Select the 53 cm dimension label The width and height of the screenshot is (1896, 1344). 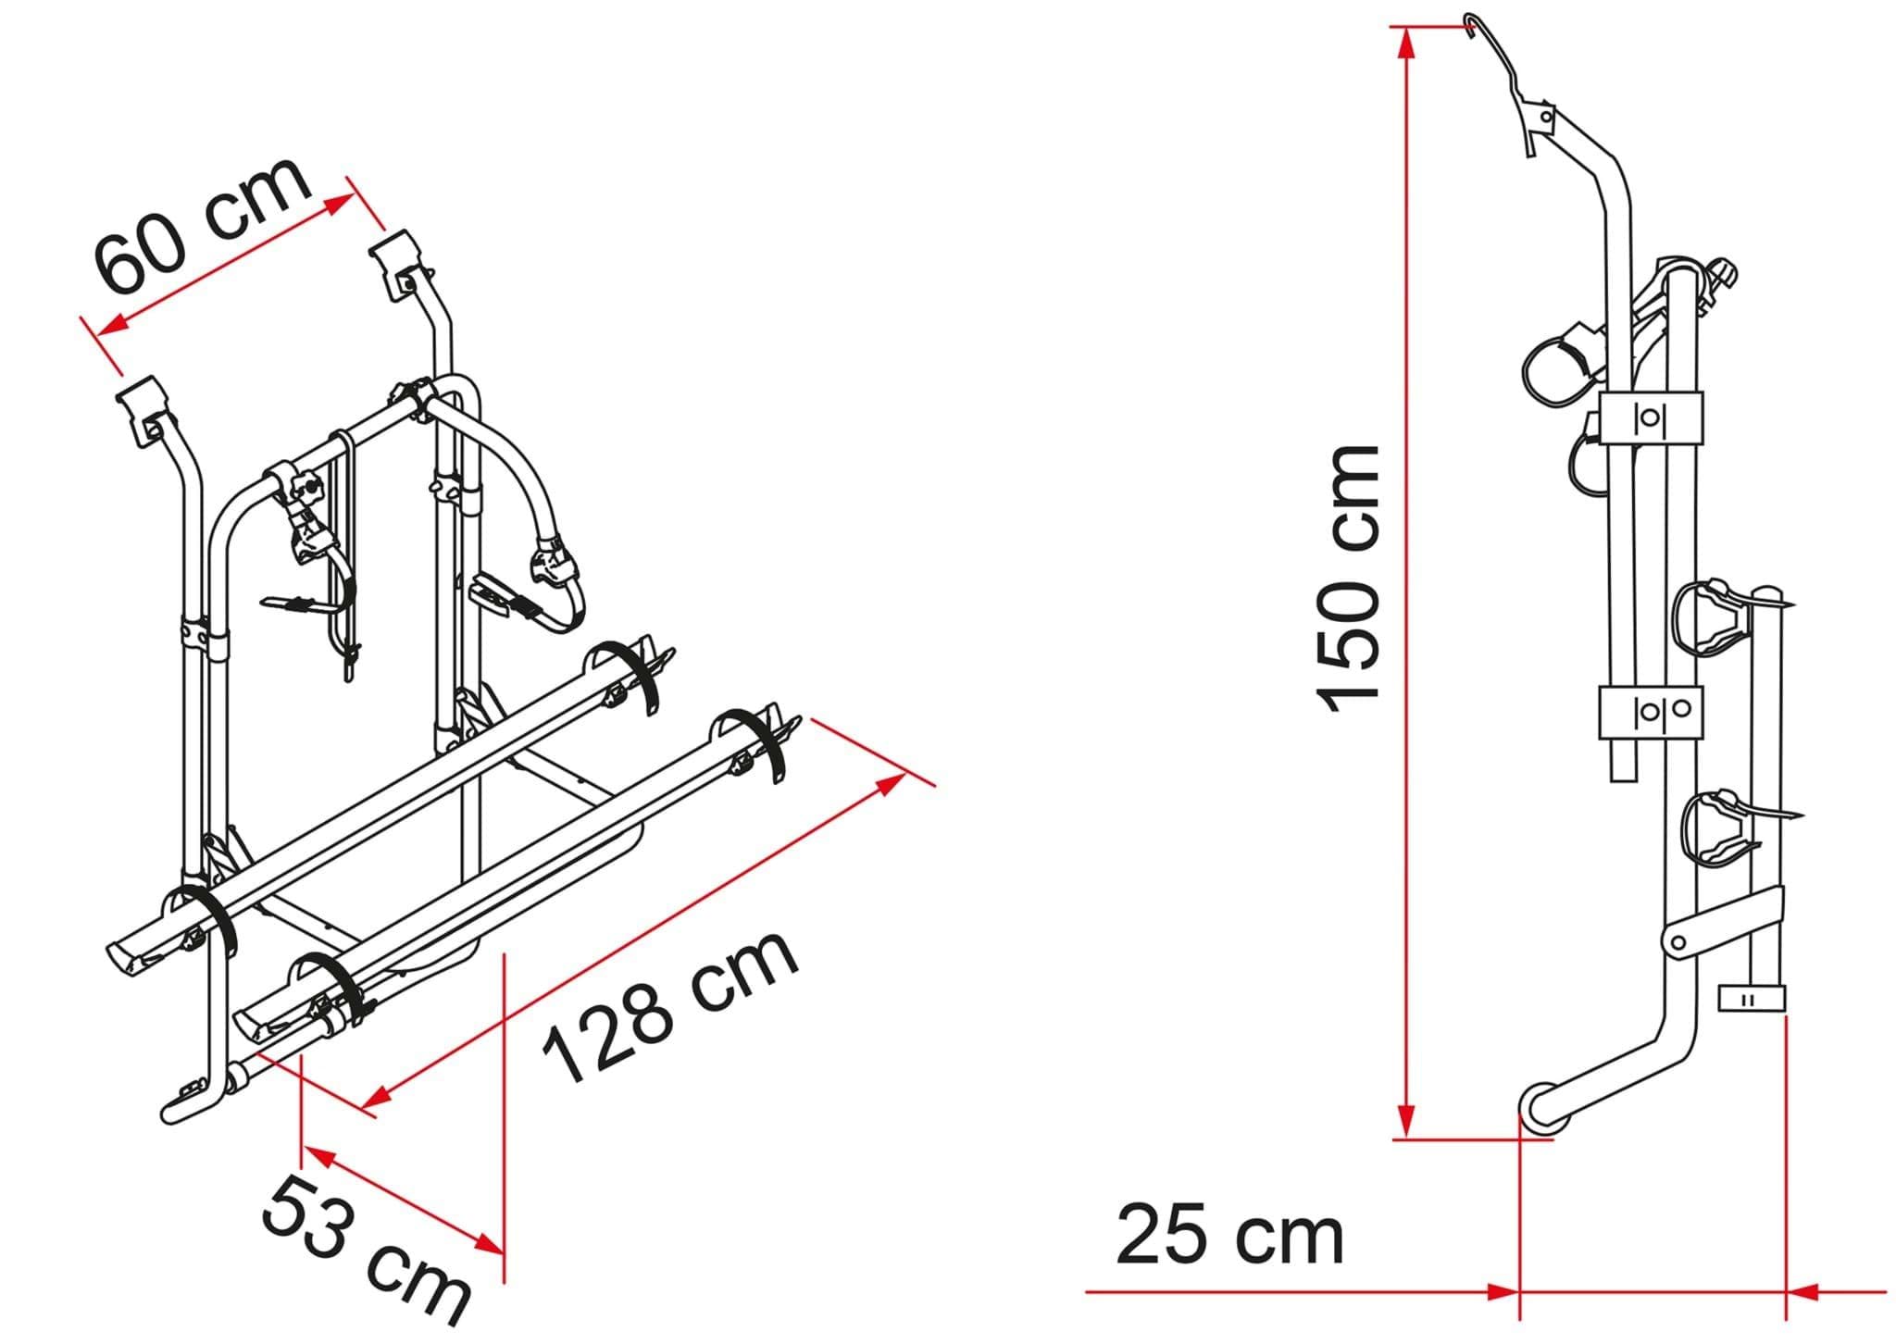[x=366, y=1250]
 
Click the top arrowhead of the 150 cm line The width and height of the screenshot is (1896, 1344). [x=1406, y=42]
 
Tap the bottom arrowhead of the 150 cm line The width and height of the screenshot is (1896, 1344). [x=1406, y=1121]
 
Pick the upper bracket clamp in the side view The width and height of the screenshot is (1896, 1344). [x=1651, y=417]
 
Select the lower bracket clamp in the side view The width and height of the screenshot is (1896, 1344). [x=1651, y=712]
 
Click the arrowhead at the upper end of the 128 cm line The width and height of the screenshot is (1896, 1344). [x=890, y=785]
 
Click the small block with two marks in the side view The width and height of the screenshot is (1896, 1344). [x=1751, y=999]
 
